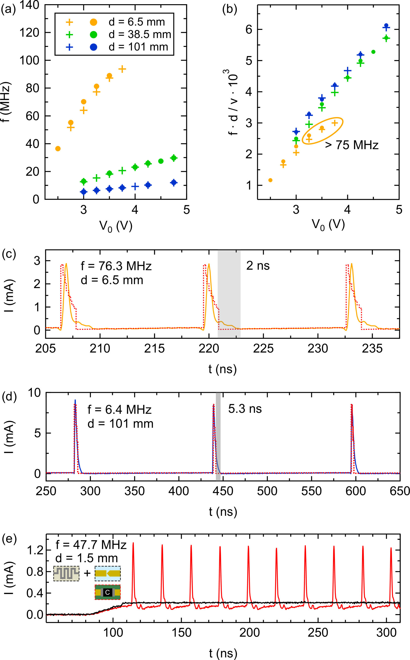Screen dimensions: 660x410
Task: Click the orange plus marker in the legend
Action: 69,22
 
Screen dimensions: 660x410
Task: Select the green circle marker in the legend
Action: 94,35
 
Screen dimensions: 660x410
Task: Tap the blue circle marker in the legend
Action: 94,47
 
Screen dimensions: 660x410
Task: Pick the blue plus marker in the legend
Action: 69,47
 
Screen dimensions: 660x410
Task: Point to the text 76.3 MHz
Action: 125,266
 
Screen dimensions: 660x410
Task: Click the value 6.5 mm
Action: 122,280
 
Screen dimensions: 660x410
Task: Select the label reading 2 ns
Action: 258,265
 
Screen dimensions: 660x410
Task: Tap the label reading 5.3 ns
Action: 245,408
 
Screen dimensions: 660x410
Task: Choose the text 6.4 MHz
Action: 128,410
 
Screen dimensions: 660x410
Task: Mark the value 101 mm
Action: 131,424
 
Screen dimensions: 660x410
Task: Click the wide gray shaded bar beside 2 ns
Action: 229,294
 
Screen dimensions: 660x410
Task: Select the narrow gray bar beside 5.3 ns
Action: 218,436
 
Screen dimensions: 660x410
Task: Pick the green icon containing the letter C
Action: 108,592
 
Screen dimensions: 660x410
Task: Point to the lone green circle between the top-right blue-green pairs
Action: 373,52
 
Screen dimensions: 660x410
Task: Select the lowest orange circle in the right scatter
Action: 270,180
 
